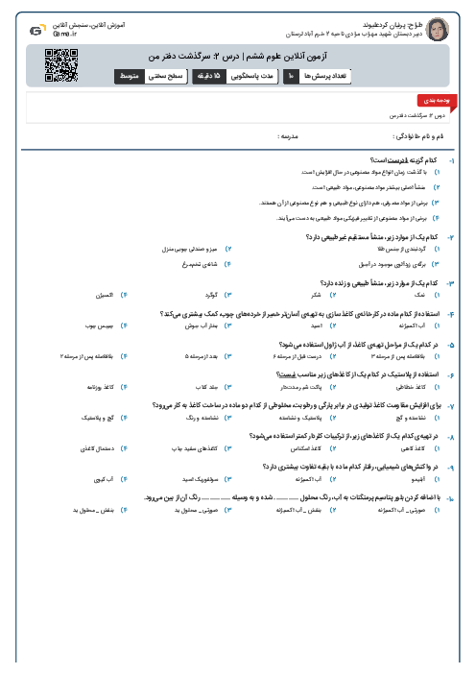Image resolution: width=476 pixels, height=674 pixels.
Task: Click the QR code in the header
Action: [x=59, y=63]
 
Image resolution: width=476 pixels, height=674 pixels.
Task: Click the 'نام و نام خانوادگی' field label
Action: [x=419, y=137]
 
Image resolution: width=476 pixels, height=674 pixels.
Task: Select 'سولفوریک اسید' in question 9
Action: [x=203, y=478]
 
